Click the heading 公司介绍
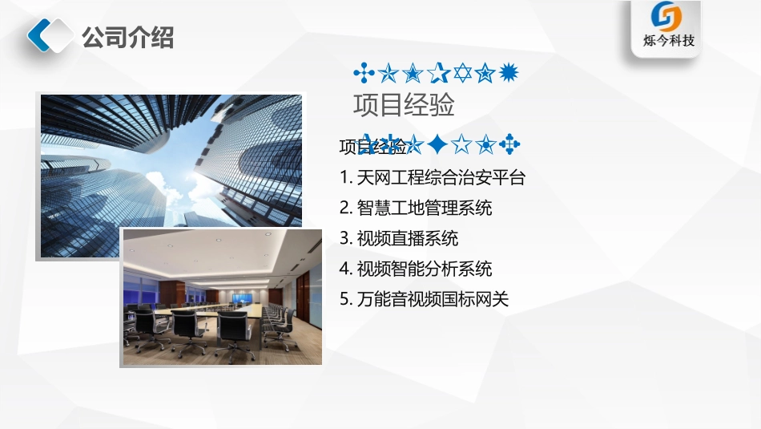pyautogui.click(x=128, y=37)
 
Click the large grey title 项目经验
pyautogui.click(x=405, y=105)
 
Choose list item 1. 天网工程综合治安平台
pyautogui.click(x=433, y=177)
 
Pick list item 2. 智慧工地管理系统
pyautogui.click(x=416, y=208)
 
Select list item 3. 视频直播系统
pyautogui.click(x=399, y=238)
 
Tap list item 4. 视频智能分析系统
pyautogui.click(x=416, y=269)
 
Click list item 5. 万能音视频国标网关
pyautogui.click(x=425, y=299)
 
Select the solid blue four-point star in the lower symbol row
pyautogui.click(x=437, y=144)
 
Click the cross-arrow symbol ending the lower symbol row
pyautogui.click(x=509, y=144)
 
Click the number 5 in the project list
pyautogui.click(x=344, y=299)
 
